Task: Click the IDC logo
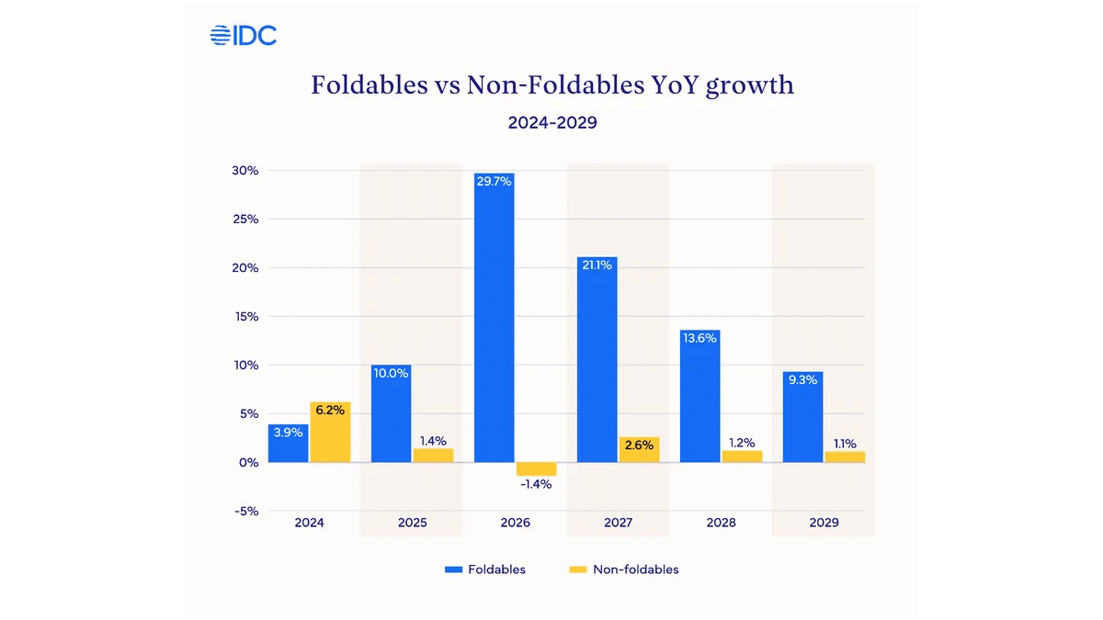pos(244,36)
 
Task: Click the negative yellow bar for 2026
pos(536,468)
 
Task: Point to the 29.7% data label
pos(495,181)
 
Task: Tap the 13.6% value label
pos(700,337)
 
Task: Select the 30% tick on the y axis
pos(245,171)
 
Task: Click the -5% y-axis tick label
pos(244,511)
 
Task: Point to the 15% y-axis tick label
pos(245,317)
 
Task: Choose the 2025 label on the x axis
pos(413,523)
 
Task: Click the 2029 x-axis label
pos(824,523)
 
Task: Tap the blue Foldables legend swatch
pos(453,569)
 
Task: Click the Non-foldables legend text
pos(636,569)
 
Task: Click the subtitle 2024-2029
pos(552,122)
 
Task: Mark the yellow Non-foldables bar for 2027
pos(639,449)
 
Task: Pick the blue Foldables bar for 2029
pos(803,417)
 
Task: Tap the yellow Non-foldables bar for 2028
pos(742,457)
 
